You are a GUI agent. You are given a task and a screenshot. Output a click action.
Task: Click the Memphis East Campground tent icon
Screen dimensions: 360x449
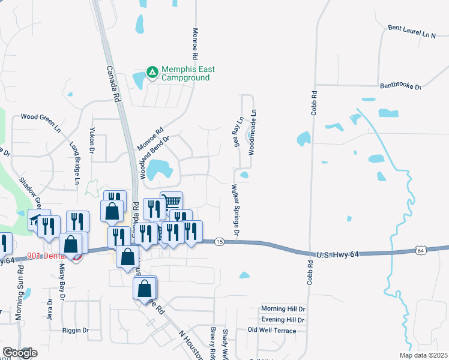pos(152,73)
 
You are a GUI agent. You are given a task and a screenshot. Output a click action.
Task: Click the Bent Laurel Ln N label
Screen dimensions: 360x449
pos(412,32)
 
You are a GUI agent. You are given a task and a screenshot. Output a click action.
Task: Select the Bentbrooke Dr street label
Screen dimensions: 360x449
pos(400,86)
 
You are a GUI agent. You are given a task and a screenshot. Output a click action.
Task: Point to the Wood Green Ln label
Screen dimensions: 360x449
pos(41,122)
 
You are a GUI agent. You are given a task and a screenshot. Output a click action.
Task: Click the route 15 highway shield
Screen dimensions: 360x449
pos(219,241)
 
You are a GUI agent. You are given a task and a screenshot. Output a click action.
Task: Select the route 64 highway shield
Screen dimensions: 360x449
pos(420,250)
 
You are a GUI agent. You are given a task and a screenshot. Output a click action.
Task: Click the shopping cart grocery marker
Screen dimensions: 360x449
pos(172,202)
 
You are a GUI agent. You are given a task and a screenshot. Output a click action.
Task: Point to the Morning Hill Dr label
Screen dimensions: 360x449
pos(283,308)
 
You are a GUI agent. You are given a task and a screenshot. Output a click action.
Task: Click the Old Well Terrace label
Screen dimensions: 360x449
pos(272,331)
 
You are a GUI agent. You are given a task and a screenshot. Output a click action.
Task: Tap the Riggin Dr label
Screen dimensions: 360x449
pos(76,330)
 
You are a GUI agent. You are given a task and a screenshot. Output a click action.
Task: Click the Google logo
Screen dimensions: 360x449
pos(20,353)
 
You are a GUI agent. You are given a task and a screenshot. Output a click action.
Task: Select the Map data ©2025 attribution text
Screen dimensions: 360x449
pos(423,355)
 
